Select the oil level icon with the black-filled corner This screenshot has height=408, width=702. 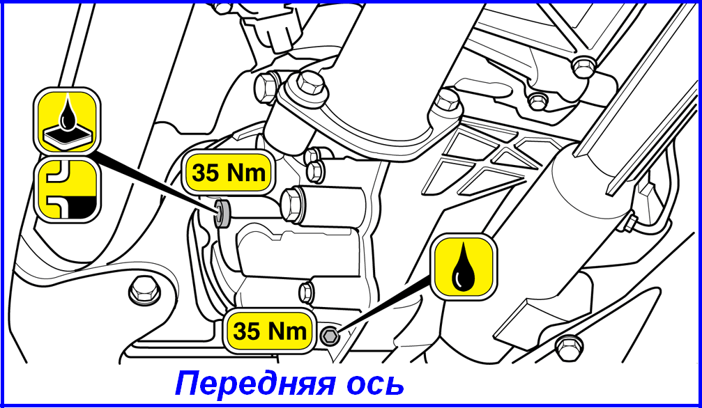(66, 191)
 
